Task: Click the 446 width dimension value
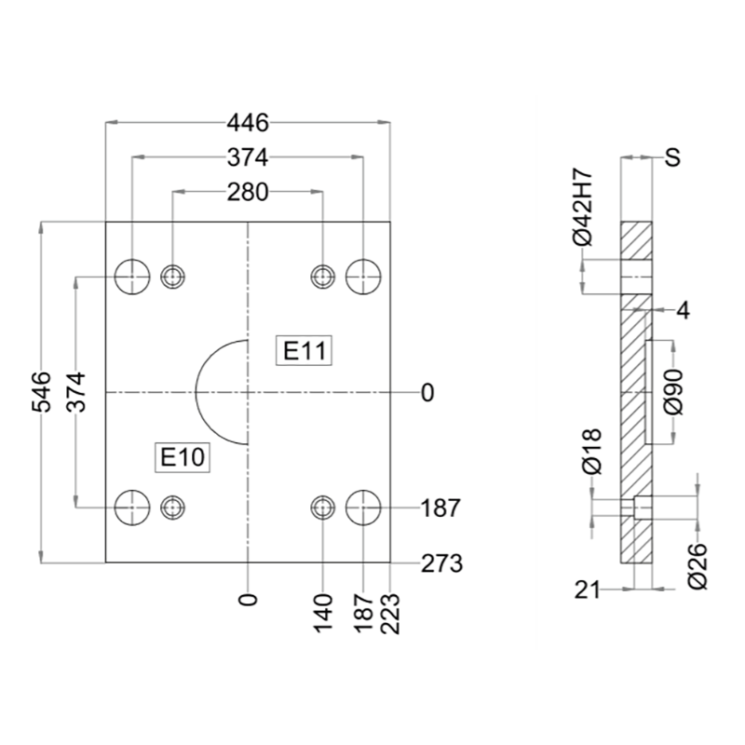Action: tap(248, 123)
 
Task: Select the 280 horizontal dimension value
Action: tap(248, 193)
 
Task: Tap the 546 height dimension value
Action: tap(41, 392)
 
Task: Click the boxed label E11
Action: tap(305, 351)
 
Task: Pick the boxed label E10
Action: tap(183, 457)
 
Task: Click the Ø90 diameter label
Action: tap(673, 392)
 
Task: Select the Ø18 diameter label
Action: tap(591, 452)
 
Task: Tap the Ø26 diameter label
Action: tap(698, 566)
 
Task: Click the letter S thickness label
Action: tap(672, 157)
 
